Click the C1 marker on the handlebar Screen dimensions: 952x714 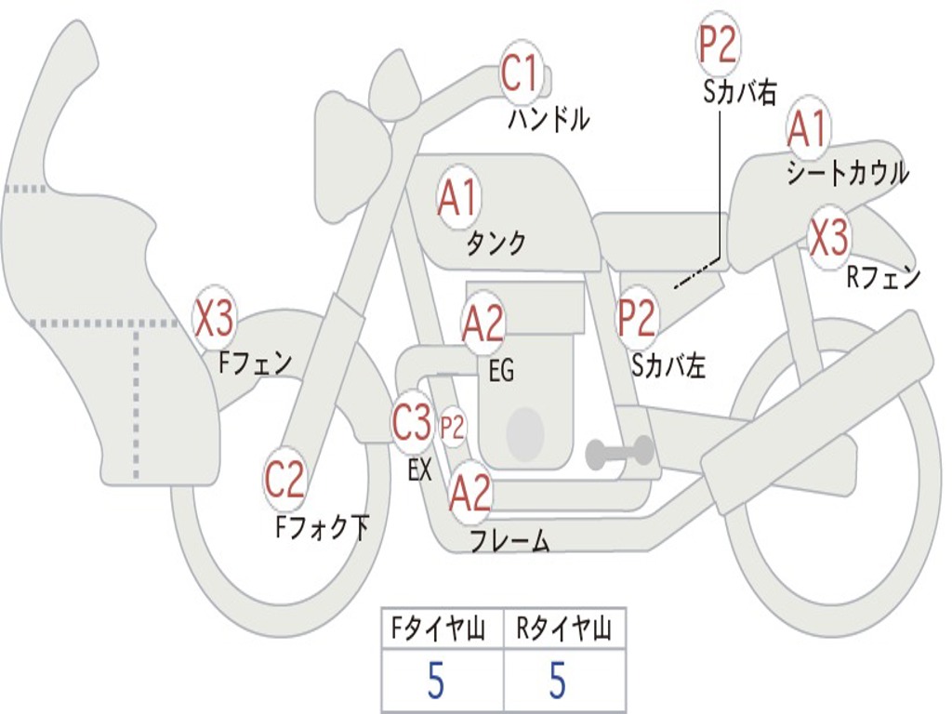point(521,73)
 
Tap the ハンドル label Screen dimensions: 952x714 point(549,118)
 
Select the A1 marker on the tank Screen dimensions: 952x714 point(459,197)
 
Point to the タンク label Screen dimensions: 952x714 point(496,243)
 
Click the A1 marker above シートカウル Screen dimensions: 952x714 point(808,128)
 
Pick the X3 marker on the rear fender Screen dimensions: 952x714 point(829,237)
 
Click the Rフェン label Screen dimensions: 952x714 point(884,277)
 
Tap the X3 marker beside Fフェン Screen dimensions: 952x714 point(215,318)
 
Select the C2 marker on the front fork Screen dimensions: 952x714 point(284,479)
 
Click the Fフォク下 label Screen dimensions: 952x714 point(322,527)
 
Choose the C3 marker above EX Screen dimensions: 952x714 point(412,421)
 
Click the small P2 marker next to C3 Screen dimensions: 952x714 point(453,428)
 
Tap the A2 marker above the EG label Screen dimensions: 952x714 point(483,323)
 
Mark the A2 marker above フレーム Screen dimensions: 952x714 point(469,494)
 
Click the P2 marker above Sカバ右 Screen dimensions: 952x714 point(718,45)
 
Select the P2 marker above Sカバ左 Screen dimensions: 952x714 point(637,318)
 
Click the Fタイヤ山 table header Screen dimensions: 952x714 point(439,629)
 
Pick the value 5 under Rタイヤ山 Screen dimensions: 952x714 point(558,680)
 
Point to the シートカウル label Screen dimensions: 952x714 point(848,173)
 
